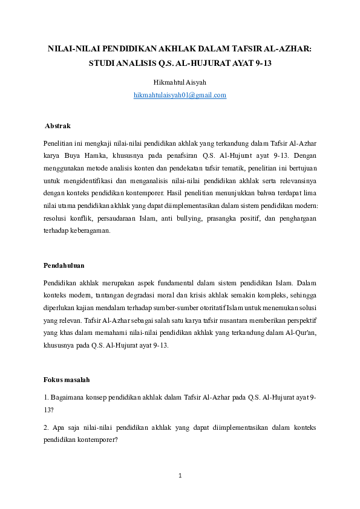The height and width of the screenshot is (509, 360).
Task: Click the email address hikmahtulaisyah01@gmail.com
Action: [180, 95]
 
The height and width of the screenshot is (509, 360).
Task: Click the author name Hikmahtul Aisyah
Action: [180, 82]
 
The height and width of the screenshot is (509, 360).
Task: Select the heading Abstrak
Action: [57, 126]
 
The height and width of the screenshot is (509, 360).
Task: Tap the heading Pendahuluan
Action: [64, 265]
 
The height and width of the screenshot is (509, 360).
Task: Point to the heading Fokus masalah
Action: [67, 380]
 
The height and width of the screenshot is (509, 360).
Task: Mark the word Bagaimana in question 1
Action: [68, 397]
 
